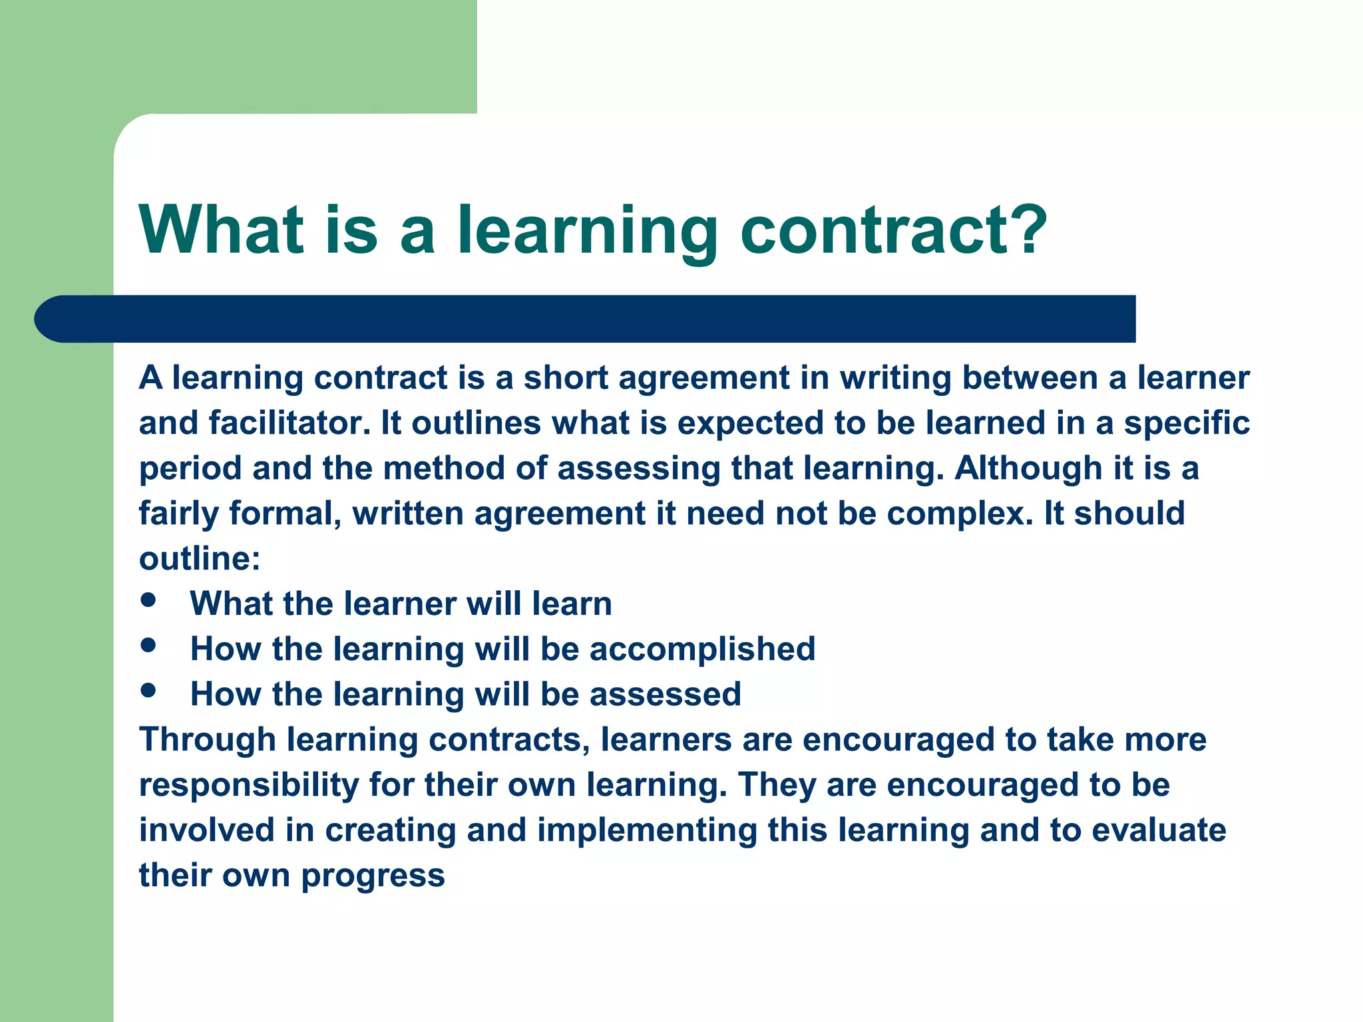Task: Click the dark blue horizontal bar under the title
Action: pos(586,319)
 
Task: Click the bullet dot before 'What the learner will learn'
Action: pos(148,600)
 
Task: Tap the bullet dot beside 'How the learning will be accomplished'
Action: pos(148,645)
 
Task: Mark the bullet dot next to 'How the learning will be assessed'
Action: pos(148,691)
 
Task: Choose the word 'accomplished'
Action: pos(702,649)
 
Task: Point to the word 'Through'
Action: pos(207,740)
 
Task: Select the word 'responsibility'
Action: pos(249,785)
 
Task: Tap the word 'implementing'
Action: pos(647,830)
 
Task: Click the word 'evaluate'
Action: pos(1159,830)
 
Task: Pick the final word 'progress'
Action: pos(373,876)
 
